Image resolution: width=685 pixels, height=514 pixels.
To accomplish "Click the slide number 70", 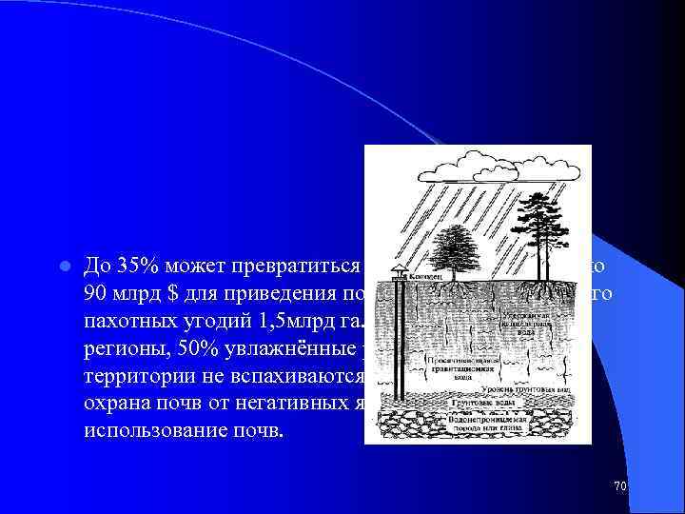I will pyautogui.click(x=619, y=486).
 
